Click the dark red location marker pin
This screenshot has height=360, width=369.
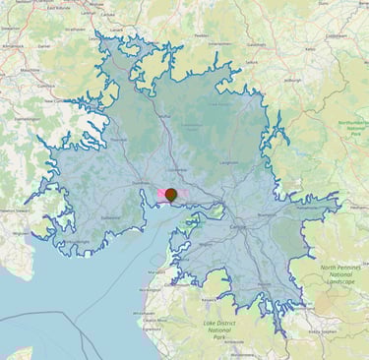pyautogui.click(x=171, y=195)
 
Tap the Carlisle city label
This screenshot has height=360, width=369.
pyautogui.click(x=238, y=226)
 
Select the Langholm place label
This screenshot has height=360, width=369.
pyautogui.click(x=229, y=161)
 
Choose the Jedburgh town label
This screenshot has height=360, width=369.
pyautogui.click(x=292, y=80)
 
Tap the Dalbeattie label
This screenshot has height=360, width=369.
pyautogui.click(x=110, y=217)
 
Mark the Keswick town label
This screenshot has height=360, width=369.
pyautogui.click(x=206, y=300)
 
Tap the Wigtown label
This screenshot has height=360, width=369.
pyautogui.click(x=20, y=233)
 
